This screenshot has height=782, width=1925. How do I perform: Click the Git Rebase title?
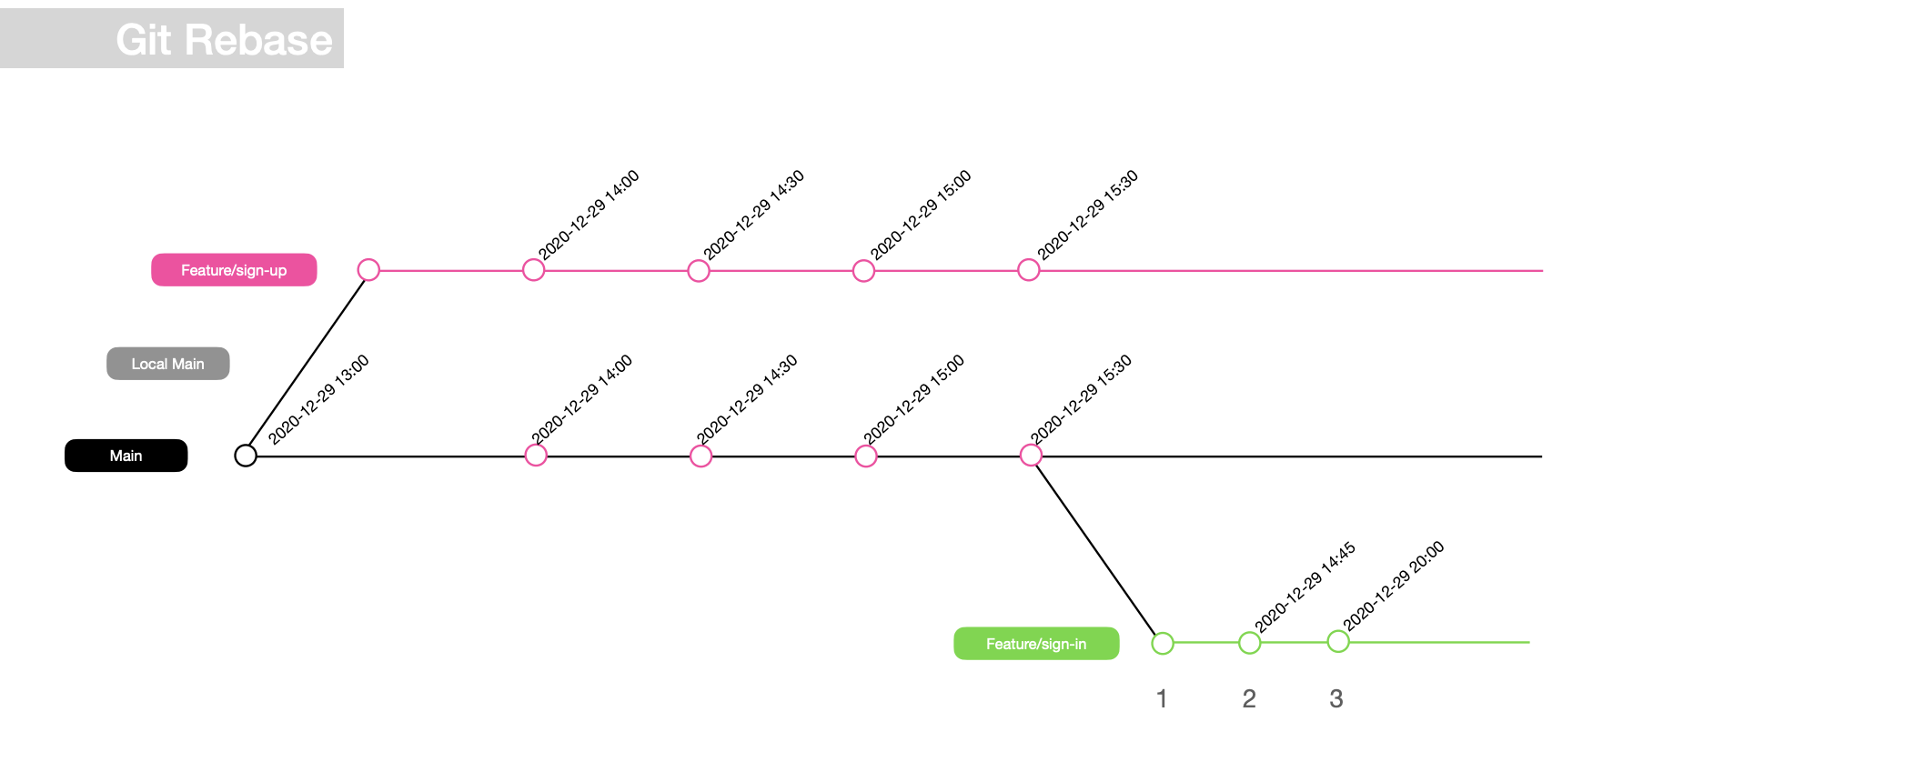tap(224, 40)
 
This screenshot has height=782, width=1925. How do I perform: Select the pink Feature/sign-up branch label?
tap(234, 270)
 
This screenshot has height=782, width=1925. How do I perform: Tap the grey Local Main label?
tap(168, 364)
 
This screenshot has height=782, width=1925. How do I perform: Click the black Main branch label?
tap(126, 456)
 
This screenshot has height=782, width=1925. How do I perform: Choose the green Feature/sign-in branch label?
tap(1036, 644)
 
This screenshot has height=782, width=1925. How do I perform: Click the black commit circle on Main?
tap(246, 456)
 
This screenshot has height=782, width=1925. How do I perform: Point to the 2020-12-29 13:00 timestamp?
tap(318, 399)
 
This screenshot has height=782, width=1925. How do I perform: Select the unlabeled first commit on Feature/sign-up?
tap(368, 270)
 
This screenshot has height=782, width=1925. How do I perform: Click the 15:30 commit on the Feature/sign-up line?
tap(1029, 270)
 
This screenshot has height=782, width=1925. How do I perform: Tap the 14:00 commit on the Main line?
tap(536, 456)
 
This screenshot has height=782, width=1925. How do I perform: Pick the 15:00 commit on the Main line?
tap(866, 456)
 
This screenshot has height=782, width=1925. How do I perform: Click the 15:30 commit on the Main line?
tap(1031, 456)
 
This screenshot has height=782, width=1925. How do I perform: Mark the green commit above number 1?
tap(1163, 644)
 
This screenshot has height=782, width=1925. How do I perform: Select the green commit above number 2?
tap(1250, 644)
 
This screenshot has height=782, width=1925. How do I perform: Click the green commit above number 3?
tap(1338, 642)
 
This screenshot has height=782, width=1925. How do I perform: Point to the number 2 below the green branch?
tap(1249, 698)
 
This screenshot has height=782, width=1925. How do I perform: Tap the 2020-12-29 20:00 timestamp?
tap(1393, 586)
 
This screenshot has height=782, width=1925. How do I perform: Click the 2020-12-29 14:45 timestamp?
tap(1305, 587)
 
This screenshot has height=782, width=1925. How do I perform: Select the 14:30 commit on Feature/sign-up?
tap(699, 271)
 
